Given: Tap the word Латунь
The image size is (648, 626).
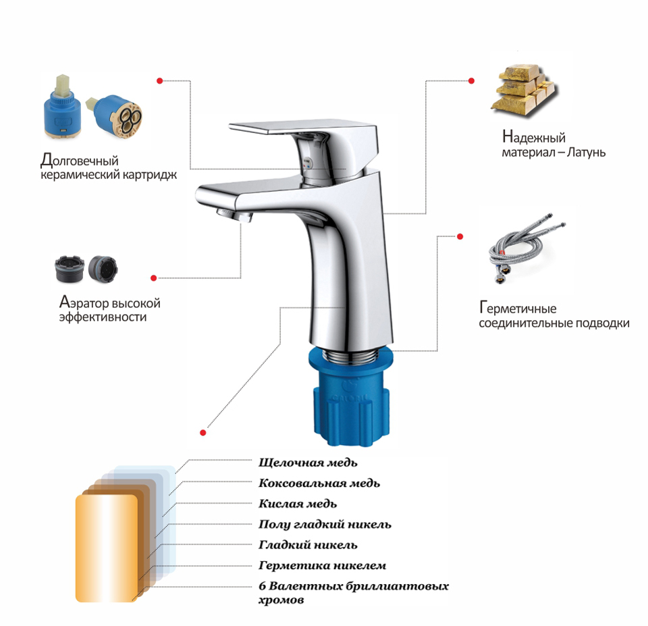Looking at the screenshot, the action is [586, 152].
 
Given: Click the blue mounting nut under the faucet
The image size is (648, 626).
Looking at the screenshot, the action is [351, 397].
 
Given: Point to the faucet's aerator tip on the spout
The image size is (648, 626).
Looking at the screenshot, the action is [234, 215].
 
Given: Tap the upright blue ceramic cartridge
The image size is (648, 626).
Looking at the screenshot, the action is [62, 106].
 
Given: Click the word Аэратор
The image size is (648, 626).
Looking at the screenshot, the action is [84, 303].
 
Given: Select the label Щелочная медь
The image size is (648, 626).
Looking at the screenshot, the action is [308, 463].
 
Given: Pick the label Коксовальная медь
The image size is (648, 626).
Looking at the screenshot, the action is [319, 483].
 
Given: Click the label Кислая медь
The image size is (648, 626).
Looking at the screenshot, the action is [298, 504].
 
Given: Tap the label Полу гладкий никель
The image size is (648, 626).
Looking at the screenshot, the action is [325, 524].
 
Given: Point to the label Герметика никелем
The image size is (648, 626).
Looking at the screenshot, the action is [323, 565].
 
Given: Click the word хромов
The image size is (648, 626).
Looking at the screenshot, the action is [281, 600].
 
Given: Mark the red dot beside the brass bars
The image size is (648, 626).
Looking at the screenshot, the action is [471, 80].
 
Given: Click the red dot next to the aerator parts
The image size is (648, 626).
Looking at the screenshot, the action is [154, 278].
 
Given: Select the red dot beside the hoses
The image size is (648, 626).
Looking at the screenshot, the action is [460, 236].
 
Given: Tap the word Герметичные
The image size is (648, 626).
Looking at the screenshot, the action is [518, 308].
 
